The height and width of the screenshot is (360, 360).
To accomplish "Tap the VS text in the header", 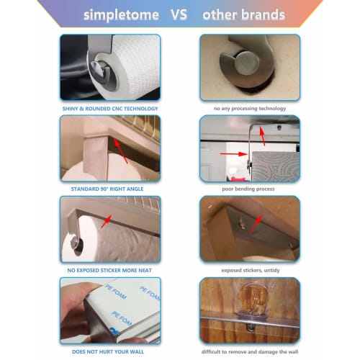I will pyautogui.click(x=183, y=14).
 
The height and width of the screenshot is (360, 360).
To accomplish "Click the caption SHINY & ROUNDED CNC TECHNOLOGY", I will pyautogui.click(x=110, y=109).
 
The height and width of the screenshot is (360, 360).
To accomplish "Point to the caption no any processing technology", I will pyautogui.click(x=248, y=109).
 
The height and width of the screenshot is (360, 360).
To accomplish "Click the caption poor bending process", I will pyautogui.click(x=248, y=189).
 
